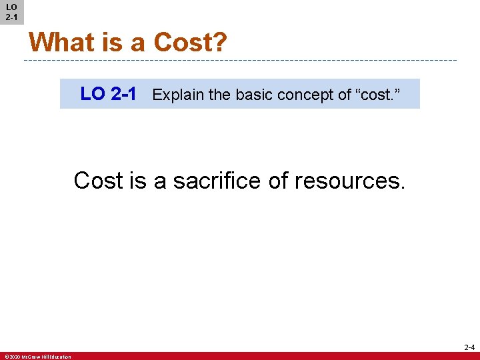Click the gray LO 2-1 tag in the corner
point(11,12)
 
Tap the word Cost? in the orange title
point(190,43)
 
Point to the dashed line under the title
point(240,61)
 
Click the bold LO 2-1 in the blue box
point(109,94)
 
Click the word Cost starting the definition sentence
point(98,181)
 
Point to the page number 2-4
point(469,347)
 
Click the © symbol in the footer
point(6,357)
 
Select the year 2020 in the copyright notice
point(15,357)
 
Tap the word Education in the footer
point(61,357)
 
